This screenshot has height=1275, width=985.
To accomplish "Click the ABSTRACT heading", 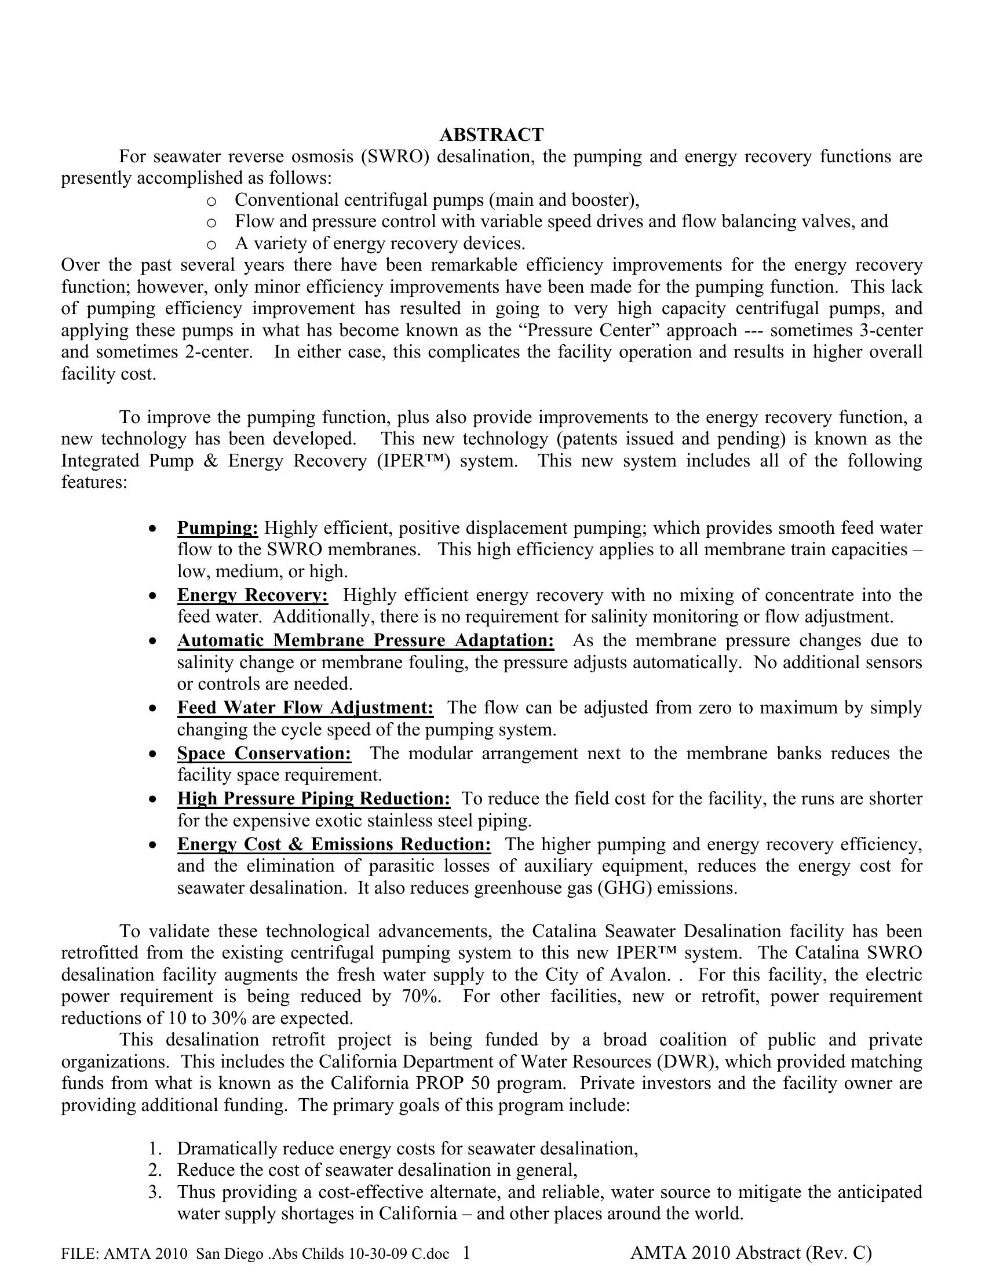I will coord(491,135).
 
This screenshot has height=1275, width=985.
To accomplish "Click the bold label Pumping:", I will coord(218,528).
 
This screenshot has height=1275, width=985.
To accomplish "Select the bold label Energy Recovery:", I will coord(253,595).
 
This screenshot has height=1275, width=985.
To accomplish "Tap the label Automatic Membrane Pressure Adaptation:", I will coord(365,640).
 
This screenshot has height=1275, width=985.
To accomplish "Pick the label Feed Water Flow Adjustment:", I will coord(305,708).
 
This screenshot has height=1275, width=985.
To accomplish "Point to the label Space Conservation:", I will coord(264,753).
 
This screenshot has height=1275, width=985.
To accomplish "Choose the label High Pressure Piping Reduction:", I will coord(313,798).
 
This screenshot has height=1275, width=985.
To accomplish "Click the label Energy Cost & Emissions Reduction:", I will coord(334,844).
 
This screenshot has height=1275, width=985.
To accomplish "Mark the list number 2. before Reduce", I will coord(154,1170).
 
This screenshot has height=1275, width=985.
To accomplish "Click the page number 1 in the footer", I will coord(466,1252).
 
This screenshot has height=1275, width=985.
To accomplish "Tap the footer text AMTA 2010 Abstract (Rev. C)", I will coord(750,1252).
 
